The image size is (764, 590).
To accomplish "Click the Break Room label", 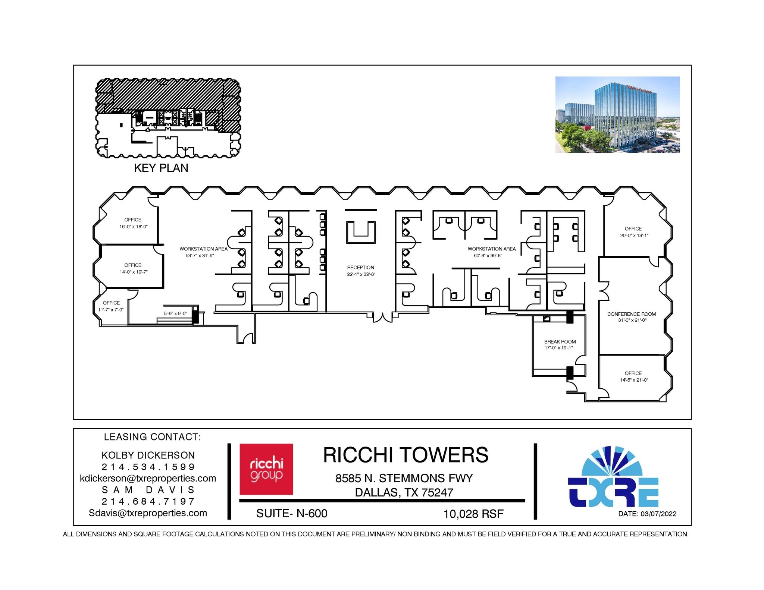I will pyautogui.click(x=560, y=341).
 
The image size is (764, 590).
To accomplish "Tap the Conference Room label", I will pyautogui.click(x=631, y=314).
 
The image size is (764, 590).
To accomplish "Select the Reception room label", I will pyautogui.click(x=360, y=267).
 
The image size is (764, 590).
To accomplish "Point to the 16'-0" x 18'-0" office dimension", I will pyautogui.click(x=134, y=227).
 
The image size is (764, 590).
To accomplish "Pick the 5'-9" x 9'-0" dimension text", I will pyautogui.click(x=175, y=313).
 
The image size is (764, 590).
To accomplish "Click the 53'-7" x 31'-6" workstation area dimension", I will pyautogui.click(x=200, y=255).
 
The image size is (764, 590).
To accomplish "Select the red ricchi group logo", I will pyautogui.click(x=266, y=469).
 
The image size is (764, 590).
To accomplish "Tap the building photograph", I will pyautogui.click(x=617, y=114).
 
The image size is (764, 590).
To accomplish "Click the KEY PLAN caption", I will pyautogui.click(x=161, y=168).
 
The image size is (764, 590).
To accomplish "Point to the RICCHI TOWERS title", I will pyautogui.click(x=406, y=455).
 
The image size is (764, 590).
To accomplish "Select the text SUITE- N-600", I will pyautogui.click(x=292, y=513).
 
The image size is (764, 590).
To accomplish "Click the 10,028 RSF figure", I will pyautogui.click(x=473, y=514).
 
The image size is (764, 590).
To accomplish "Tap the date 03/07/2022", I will pyautogui.click(x=658, y=514).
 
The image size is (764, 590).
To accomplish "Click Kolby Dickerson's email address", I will pyautogui.click(x=148, y=478).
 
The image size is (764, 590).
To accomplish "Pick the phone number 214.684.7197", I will pyautogui.click(x=148, y=501).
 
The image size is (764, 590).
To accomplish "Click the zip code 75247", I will pyautogui.click(x=437, y=492).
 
